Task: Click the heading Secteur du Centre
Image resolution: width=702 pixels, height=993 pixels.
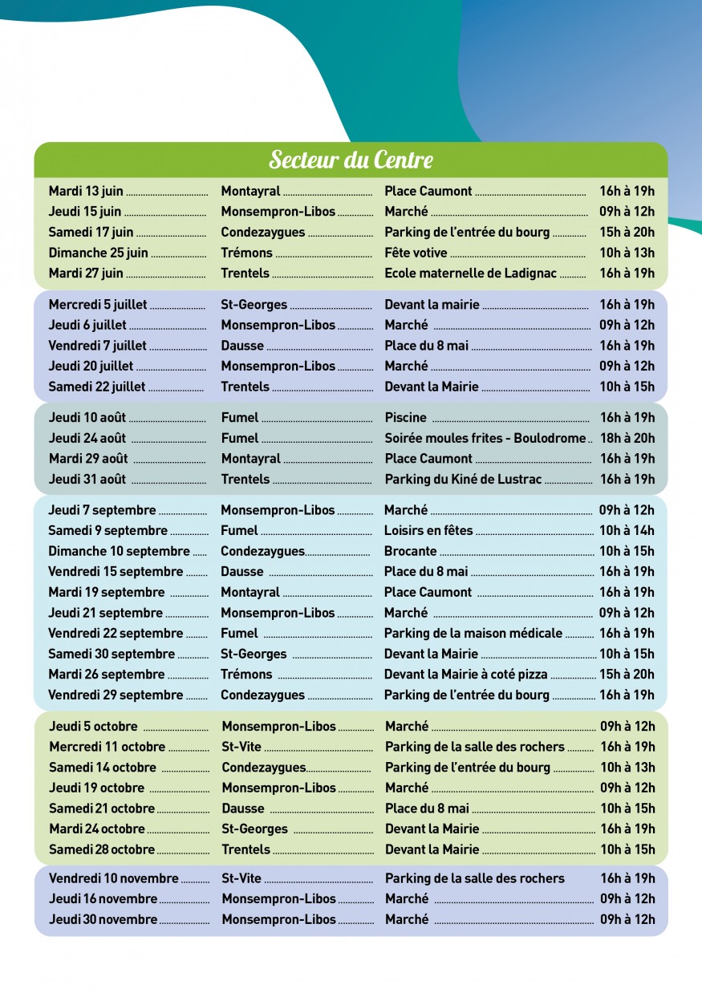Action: (x=351, y=160)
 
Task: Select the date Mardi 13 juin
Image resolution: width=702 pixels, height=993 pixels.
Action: (x=86, y=191)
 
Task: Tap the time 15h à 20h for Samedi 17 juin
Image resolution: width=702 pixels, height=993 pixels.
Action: (x=627, y=232)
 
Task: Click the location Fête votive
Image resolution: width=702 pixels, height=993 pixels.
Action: (x=416, y=253)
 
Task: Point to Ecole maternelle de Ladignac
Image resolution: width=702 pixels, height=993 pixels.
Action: (x=470, y=273)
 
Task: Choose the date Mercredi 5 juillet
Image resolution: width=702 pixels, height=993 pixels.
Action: (x=98, y=305)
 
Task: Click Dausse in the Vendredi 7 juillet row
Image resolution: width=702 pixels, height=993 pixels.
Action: (x=242, y=346)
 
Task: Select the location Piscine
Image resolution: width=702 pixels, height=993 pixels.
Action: (x=405, y=418)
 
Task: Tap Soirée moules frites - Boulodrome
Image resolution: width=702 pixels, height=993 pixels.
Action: (x=485, y=438)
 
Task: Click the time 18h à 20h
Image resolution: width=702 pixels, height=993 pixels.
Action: (x=627, y=438)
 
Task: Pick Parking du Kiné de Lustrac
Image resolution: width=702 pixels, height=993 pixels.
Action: (x=463, y=479)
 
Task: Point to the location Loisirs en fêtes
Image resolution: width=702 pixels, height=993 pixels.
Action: (x=428, y=530)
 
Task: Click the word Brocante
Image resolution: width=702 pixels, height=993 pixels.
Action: (x=410, y=551)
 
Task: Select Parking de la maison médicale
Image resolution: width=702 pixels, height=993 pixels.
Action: (x=473, y=633)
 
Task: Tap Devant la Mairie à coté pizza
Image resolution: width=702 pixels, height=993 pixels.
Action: (x=465, y=674)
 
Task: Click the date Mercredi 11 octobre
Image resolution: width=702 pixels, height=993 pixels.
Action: (x=107, y=747)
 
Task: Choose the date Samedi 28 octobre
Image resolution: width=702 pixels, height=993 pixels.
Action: (x=102, y=849)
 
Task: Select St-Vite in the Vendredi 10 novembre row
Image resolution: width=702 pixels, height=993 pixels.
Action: (x=241, y=878)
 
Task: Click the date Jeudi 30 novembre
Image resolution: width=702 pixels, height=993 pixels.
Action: (x=103, y=919)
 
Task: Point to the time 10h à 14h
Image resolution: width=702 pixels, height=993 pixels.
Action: (x=627, y=530)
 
